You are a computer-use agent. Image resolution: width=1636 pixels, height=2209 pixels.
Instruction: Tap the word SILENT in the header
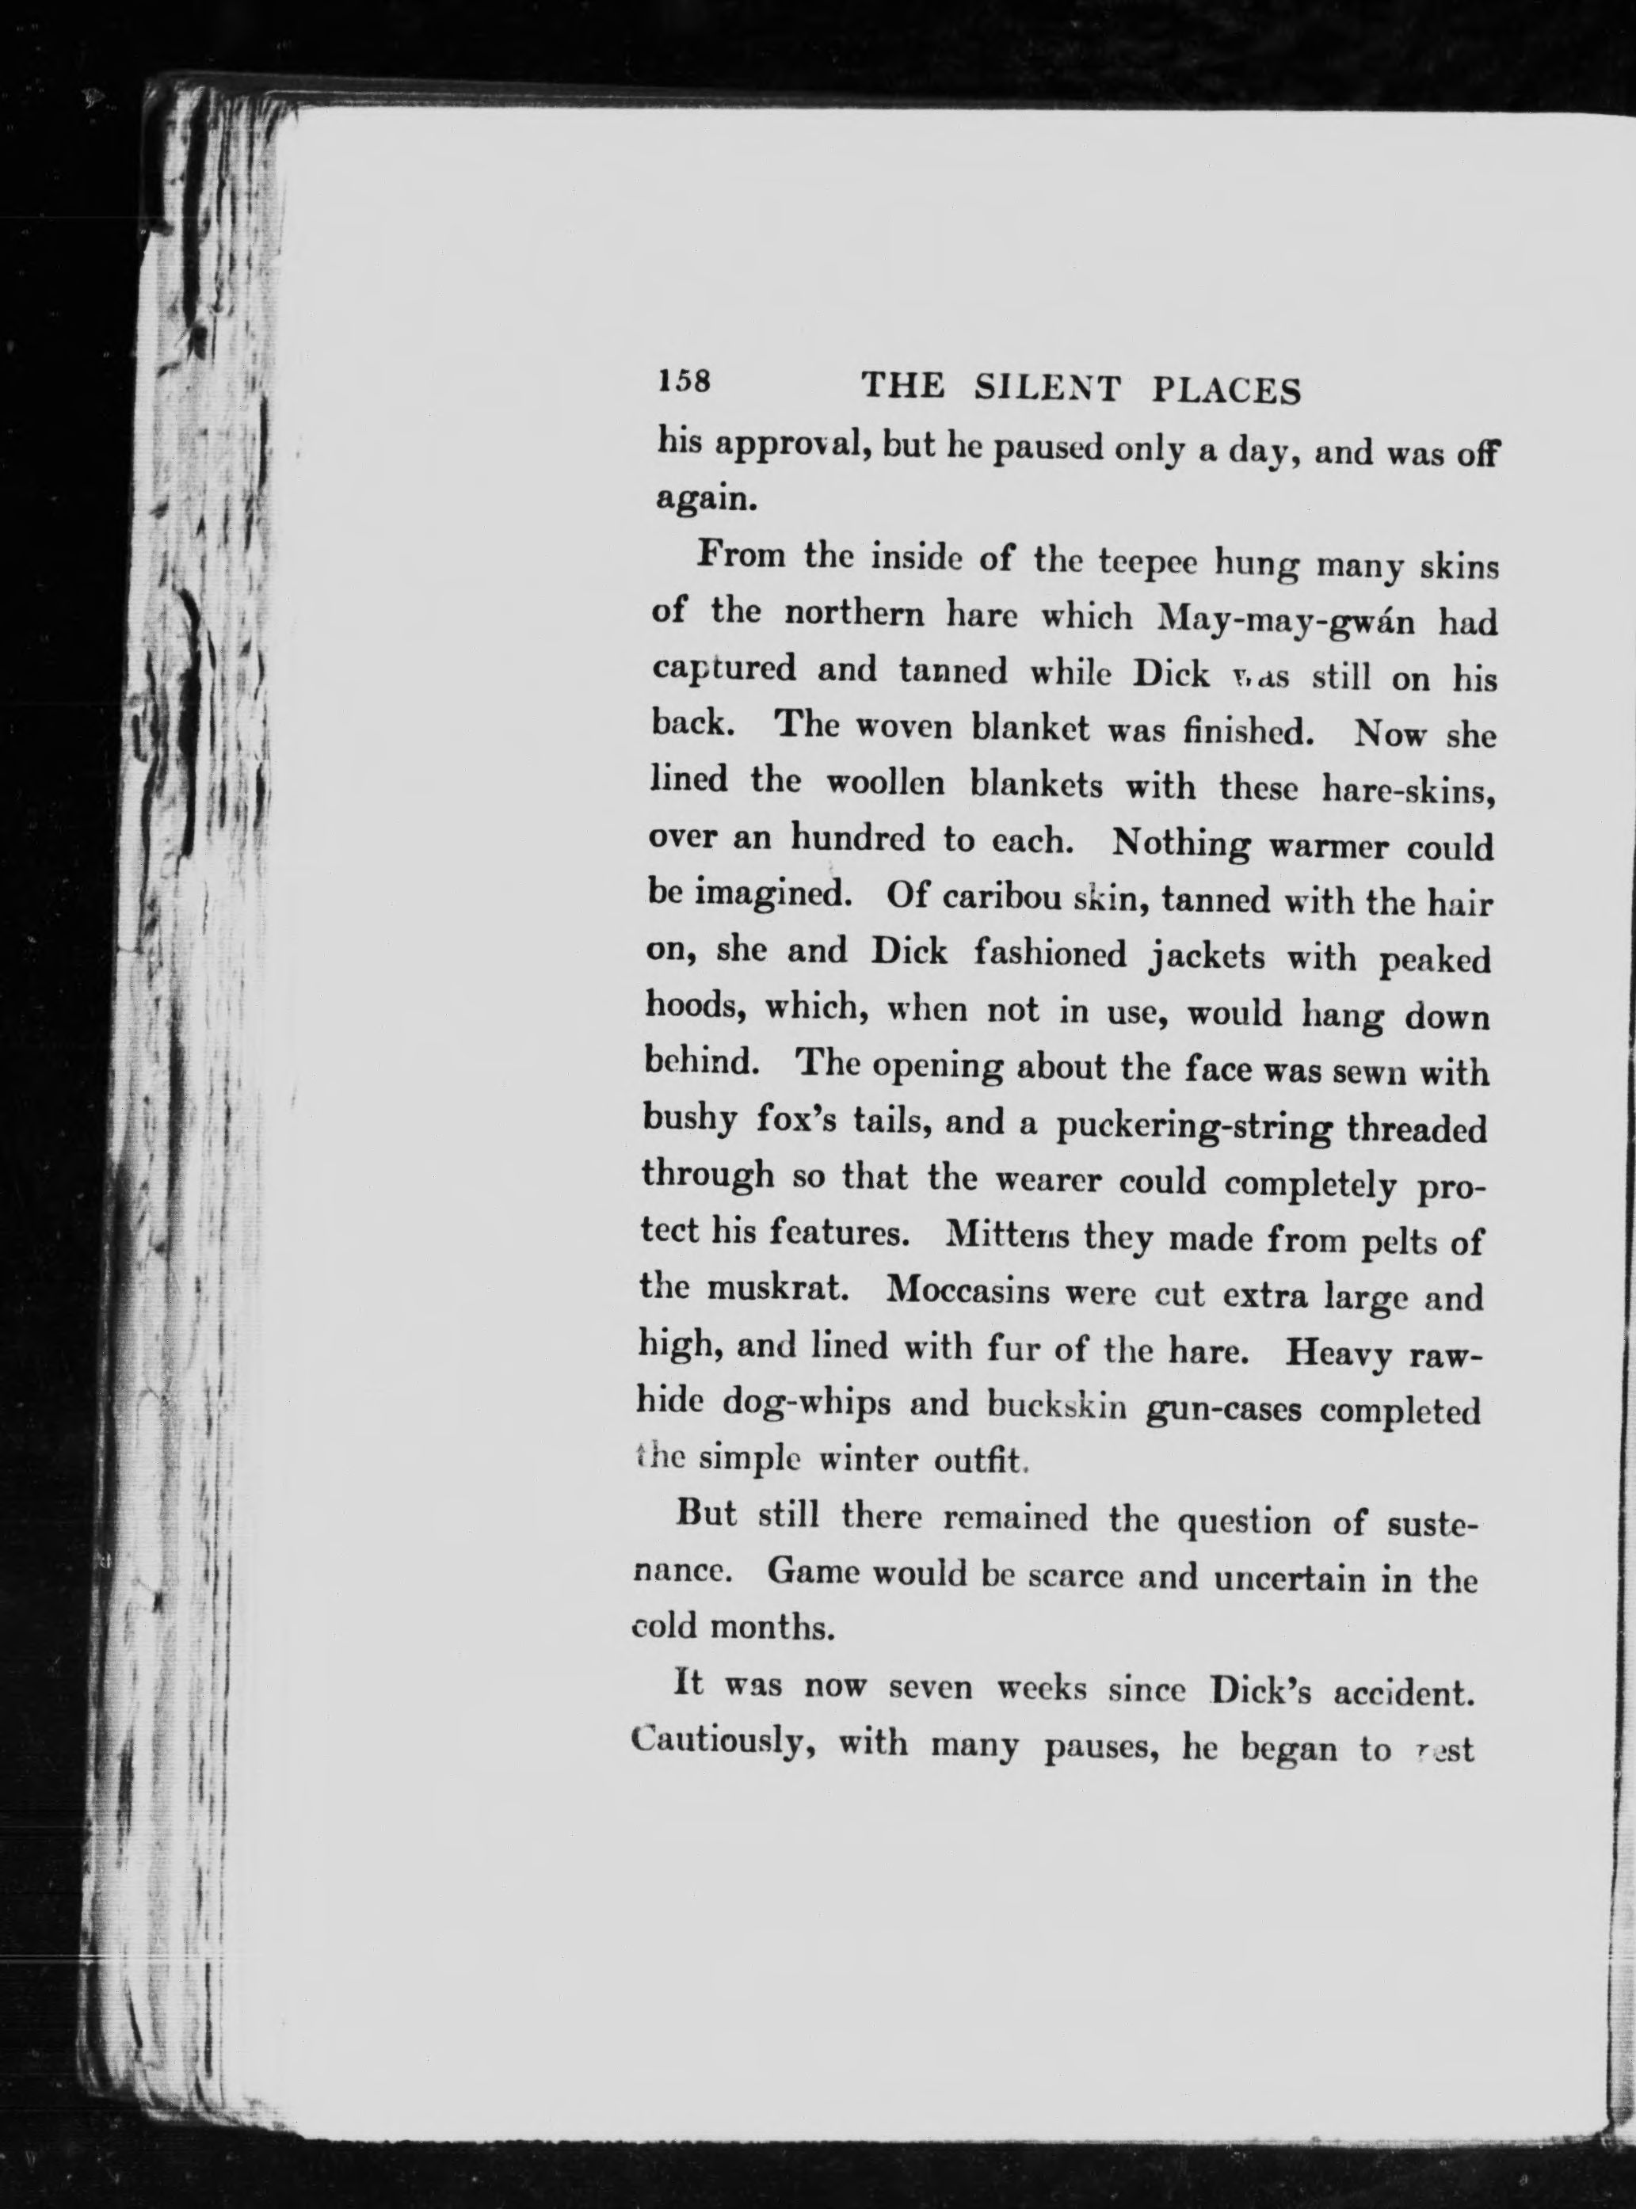click(x=1046, y=389)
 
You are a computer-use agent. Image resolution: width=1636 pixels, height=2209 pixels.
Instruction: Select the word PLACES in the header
click(x=1227, y=392)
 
